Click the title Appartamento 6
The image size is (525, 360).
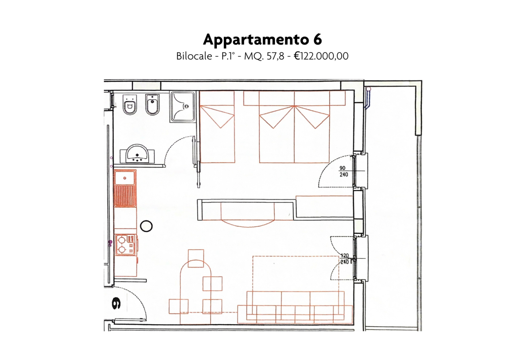(x=262, y=40)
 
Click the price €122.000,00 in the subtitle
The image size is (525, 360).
(x=321, y=56)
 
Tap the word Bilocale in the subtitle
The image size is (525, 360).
(x=194, y=56)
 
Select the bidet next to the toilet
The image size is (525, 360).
(x=152, y=105)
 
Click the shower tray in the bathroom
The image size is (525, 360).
(x=183, y=107)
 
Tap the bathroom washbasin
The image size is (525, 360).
(x=137, y=154)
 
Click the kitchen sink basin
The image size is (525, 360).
(x=125, y=178)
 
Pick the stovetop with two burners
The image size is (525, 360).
(x=125, y=245)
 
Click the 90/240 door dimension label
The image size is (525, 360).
(x=343, y=171)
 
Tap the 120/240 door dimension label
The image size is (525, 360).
(x=345, y=259)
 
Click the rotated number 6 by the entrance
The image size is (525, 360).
(x=116, y=303)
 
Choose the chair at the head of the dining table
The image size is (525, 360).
(x=196, y=258)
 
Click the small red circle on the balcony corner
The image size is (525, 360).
(x=369, y=89)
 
